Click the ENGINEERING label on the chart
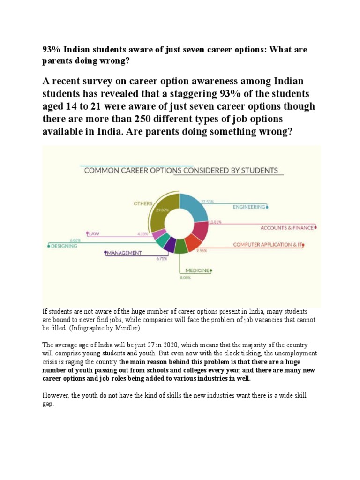coord(249,206)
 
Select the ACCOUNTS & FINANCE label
coord(287,228)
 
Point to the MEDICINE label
coord(196,270)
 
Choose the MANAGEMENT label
coord(124,253)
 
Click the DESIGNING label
coord(64,246)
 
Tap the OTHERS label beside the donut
coord(142,203)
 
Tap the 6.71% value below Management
coord(162,258)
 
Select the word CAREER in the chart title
coord(127,171)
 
